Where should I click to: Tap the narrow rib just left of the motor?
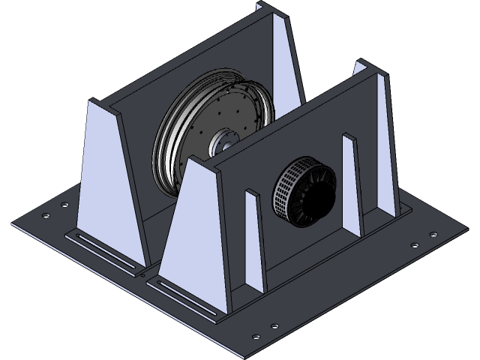click(x=254, y=240)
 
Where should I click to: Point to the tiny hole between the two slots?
click(x=142, y=275)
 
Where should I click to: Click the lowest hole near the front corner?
click(x=258, y=334)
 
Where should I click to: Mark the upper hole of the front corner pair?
click(x=274, y=326)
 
